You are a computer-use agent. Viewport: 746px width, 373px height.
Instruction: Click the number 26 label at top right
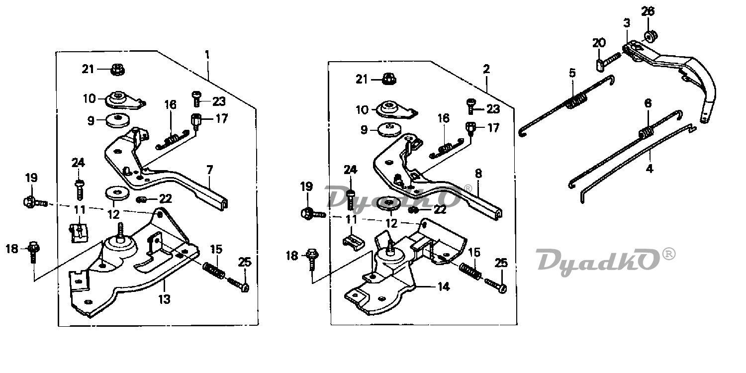[x=648, y=11]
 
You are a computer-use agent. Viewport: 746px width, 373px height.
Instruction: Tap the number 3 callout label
[x=627, y=23]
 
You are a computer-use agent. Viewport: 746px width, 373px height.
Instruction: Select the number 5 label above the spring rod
[x=572, y=73]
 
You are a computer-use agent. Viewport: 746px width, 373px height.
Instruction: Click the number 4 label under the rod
[x=649, y=169]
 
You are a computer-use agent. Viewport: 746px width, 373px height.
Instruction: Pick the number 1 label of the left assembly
[x=207, y=55]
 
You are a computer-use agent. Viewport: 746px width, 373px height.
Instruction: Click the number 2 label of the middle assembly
[x=486, y=69]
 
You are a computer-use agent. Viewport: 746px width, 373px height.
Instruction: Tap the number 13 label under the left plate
[x=164, y=299]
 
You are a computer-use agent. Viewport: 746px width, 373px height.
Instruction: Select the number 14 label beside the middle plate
[x=443, y=286]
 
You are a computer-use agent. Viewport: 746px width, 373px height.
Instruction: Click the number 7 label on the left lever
[x=209, y=170]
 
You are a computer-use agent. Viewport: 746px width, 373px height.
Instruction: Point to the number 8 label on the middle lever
[x=478, y=174]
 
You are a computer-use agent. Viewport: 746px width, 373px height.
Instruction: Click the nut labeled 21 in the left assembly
[x=117, y=70]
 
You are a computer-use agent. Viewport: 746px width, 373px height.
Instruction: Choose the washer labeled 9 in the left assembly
[x=117, y=120]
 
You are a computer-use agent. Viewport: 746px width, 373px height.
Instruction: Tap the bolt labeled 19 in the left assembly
[x=35, y=202]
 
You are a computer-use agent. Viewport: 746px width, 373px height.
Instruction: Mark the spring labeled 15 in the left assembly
[x=214, y=271]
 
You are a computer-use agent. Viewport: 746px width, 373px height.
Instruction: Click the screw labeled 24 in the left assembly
[x=79, y=190]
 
